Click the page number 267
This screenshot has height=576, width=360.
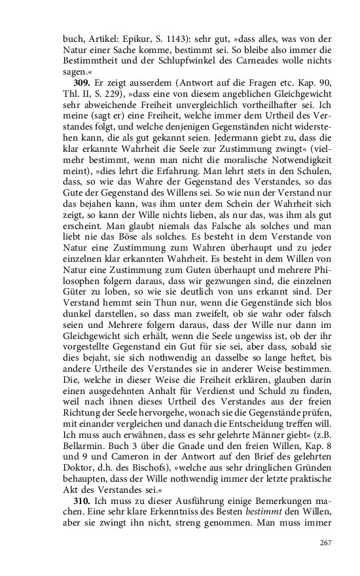tap(327, 543)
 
